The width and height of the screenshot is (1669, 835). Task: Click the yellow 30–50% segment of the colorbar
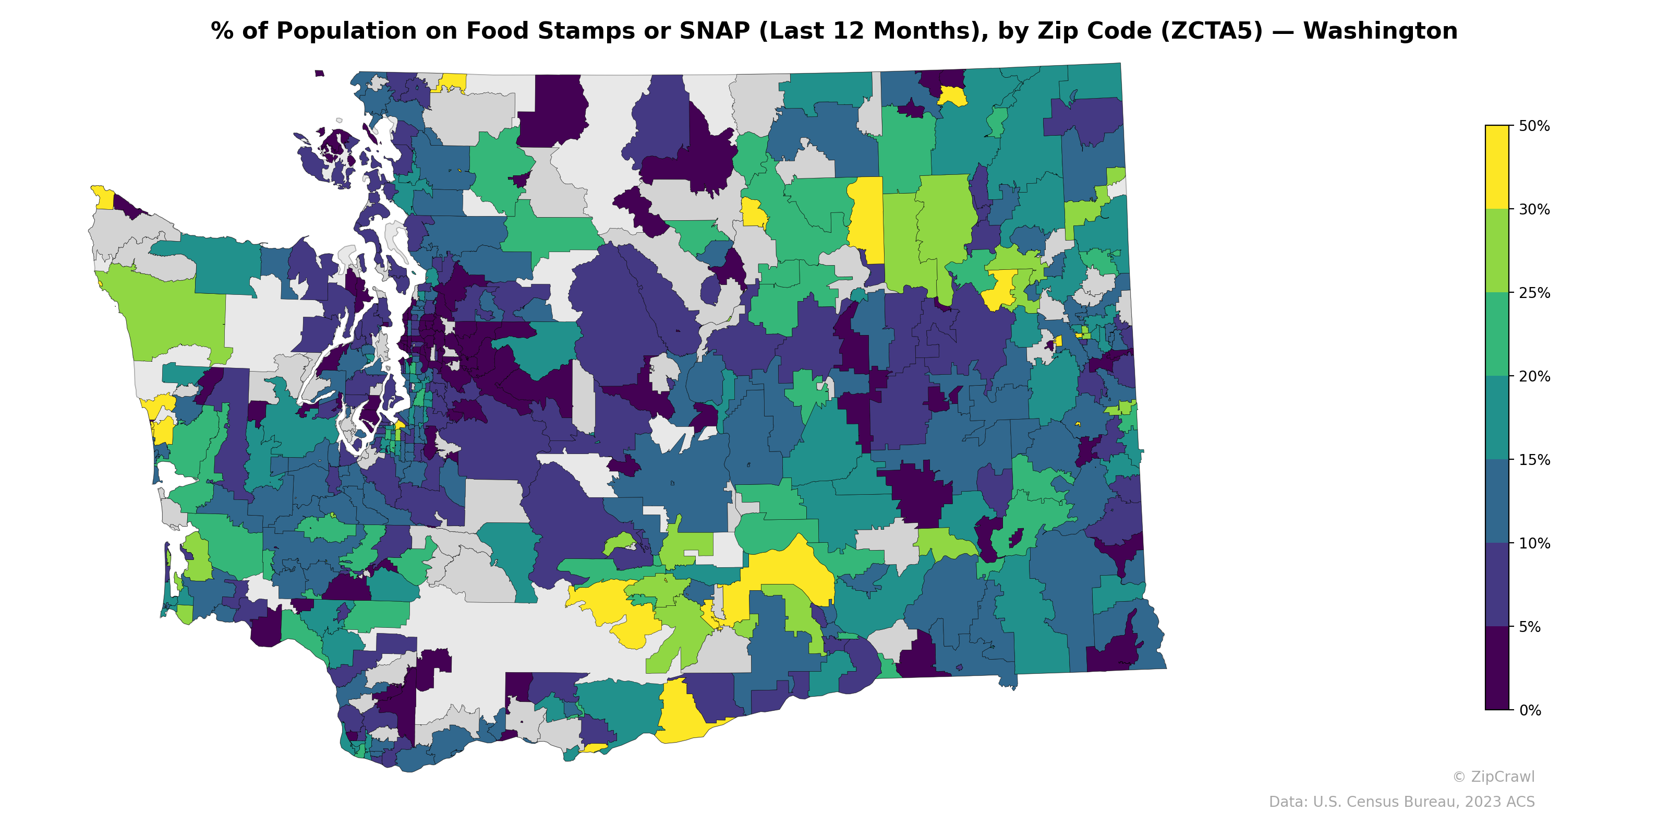pyautogui.click(x=1497, y=167)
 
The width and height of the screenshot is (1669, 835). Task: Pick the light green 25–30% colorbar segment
pyautogui.click(x=1497, y=251)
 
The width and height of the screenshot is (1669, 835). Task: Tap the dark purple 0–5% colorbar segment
pyautogui.click(x=1497, y=669)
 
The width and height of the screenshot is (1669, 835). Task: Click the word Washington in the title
pyautogui.click(x=1380, y=31)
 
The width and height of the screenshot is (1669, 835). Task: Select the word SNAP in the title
pyautogui.click(x=714, y=31)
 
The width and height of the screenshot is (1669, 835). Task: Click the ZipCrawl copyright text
pyautogui.click(x=1493, y=777)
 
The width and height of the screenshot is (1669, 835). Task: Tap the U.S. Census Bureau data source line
pyautogui.click(x=1401, y=802)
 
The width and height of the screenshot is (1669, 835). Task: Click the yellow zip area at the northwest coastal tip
pyautogui.click(x=102, y=196)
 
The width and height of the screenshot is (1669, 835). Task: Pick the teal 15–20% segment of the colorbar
pyautogui.click(x=1497, y=418)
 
